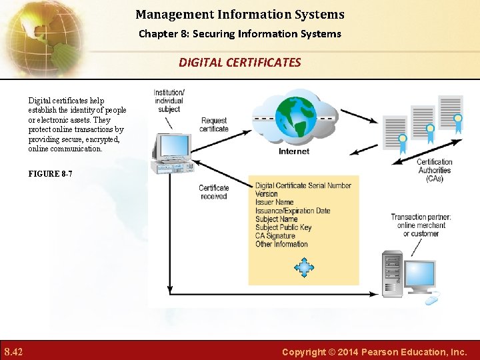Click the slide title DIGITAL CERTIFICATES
coord(239,63)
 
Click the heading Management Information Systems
coord(240,14)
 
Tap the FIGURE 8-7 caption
coord(50,174)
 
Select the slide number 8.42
coord(14,351)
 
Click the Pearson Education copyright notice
coord(374,351)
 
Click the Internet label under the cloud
coord(294,151)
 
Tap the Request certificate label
coord(214,125)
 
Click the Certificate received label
coord(213,192)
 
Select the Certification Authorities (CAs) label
coord(435,170)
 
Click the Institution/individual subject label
coord(169,101)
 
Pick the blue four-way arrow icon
coord(304,268)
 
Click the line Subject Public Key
coord(283,227)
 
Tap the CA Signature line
coord(275,236)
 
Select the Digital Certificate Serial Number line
coord(303,185)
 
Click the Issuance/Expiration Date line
coord(293,211)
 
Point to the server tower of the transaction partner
coord(393,273)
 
